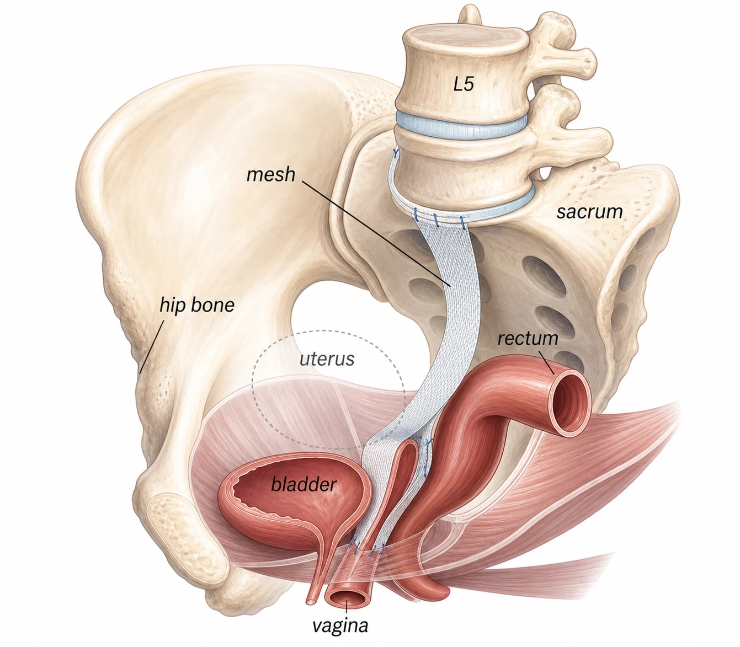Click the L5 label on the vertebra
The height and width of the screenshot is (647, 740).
pyautogui.click(x=464, y=84)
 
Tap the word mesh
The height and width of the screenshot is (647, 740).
pyautogui.click(x=270, y=175)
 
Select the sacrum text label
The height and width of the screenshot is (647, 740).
pyautogui.click(x=589, y=211)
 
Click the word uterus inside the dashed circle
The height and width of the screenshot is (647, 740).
pyautogui.click(x=327, y=359)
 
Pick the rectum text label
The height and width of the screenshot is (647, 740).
pyautogui.click(x=528, y=338)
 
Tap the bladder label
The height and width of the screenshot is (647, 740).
pyautogui.click(x=304, y=484)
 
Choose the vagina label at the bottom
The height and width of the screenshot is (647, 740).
pyautogui.click(x=340, y=625)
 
